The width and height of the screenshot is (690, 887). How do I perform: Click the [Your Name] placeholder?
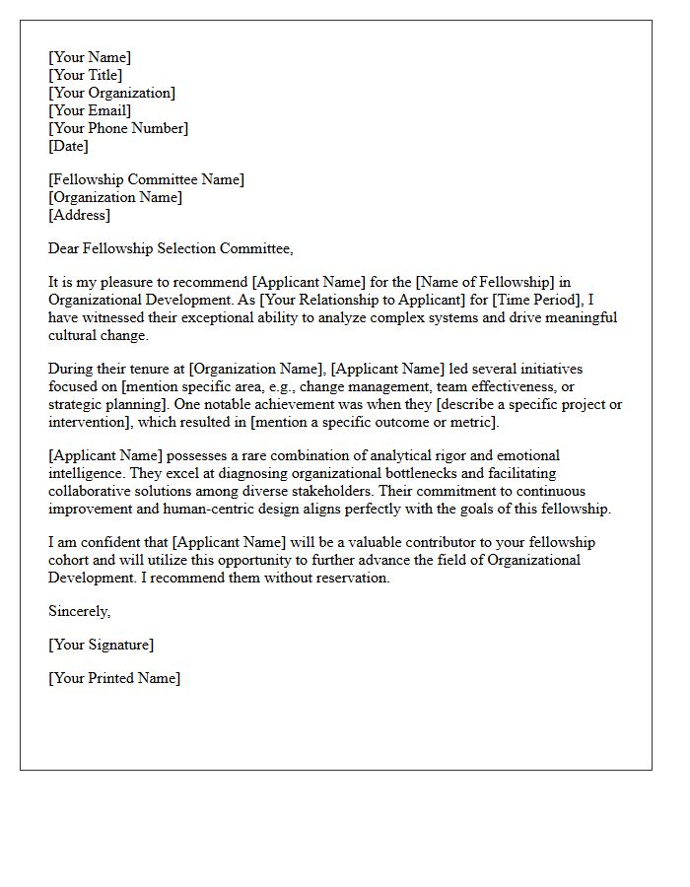90,57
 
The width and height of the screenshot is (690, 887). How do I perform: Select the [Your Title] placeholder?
86,75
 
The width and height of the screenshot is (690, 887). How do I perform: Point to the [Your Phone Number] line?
118,128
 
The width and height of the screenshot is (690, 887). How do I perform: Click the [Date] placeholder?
69,146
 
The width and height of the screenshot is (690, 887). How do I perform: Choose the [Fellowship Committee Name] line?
146,179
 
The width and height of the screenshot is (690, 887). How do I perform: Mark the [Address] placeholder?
80,215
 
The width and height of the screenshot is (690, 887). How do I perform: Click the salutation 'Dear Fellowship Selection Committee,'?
171,248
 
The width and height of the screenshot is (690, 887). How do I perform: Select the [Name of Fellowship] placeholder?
479,282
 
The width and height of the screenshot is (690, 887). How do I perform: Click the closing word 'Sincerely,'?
80,611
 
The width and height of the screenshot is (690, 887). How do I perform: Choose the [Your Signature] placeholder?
101,645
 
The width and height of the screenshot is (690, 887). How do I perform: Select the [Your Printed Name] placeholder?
114,678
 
